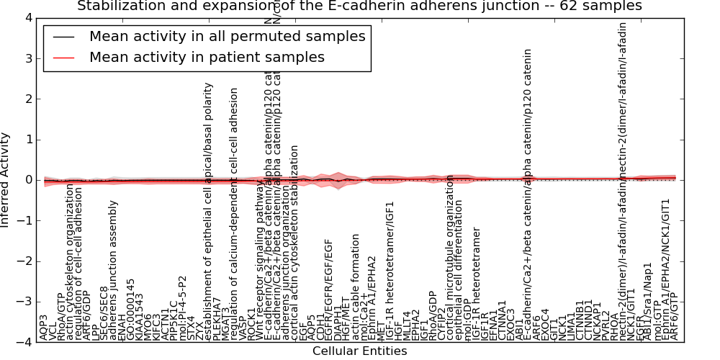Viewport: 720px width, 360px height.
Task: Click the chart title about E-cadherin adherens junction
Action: coord(359,6)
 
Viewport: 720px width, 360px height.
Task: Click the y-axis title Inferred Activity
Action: coord(6,180)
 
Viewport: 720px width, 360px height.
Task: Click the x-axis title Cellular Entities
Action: coord(359,351)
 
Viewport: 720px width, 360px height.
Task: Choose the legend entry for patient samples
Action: coord(207,58)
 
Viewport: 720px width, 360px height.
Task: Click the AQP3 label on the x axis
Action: coord(44,327)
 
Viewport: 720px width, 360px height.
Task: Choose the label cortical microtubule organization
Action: coord(450,257)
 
